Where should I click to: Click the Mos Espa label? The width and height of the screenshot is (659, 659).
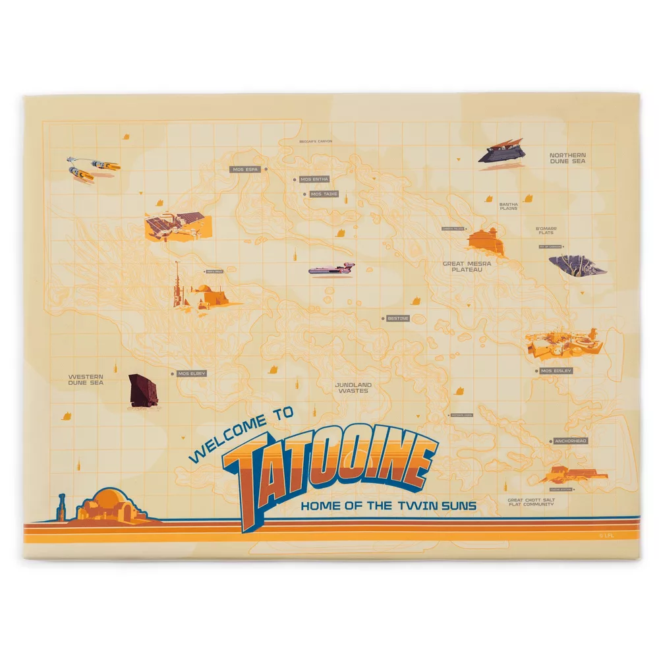pyautogui.click(x=246, y=169)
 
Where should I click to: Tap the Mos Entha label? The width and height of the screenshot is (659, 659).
pyautogui.click(x=314, y=179)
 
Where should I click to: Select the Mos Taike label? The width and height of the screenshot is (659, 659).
pyautogui.click(x=324, y=194)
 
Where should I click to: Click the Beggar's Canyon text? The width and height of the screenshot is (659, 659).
pyautogui.click(x=316, y=141)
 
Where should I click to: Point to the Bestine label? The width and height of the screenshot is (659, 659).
pyautogui.click(x=398, y=318)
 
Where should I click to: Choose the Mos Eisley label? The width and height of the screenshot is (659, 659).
pyautogui.click(x=556, y=371)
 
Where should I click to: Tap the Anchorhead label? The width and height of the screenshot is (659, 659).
pyautogui.click(x=570, y=441)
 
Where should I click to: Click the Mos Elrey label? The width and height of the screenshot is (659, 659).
pyautogui.click(x=192, y=374)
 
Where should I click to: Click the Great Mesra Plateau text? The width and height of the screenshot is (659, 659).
pyautogui.click(x=467, y=266)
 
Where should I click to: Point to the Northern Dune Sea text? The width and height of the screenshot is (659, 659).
pyautogui.click(x=568, y=158)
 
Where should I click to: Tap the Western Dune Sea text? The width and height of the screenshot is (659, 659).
pyautogui.click(x=86, y=380)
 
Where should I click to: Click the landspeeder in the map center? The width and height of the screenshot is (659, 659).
pyautogui.click(x=331, y=268)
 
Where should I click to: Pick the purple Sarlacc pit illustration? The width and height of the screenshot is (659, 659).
pyautogui.click(x=577, y=266)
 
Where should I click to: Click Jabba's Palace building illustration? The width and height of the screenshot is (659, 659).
pyautogui.click(x=486, y=241)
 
